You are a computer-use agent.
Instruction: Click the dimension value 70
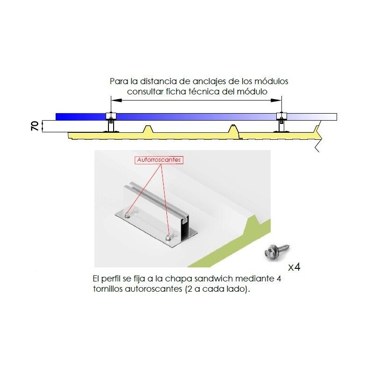click(35, 126)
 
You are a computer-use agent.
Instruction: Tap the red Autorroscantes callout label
click(159, 160)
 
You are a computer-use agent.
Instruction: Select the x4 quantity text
click(294, 267)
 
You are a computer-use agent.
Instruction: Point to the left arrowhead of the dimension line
click(116, 101)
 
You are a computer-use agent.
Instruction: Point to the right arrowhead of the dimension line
click(276, 101)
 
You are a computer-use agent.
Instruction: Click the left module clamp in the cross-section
click(111, 116)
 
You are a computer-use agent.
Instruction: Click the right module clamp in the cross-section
click(281, 116)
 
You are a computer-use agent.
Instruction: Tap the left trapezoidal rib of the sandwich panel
click(148, 129)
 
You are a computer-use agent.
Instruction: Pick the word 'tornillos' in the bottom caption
click(108, 289)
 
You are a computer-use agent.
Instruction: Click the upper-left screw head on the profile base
click(128, 215)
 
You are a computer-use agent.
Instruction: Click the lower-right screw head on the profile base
click(169, 238)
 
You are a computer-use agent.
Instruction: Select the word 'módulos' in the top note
click(271, 81)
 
